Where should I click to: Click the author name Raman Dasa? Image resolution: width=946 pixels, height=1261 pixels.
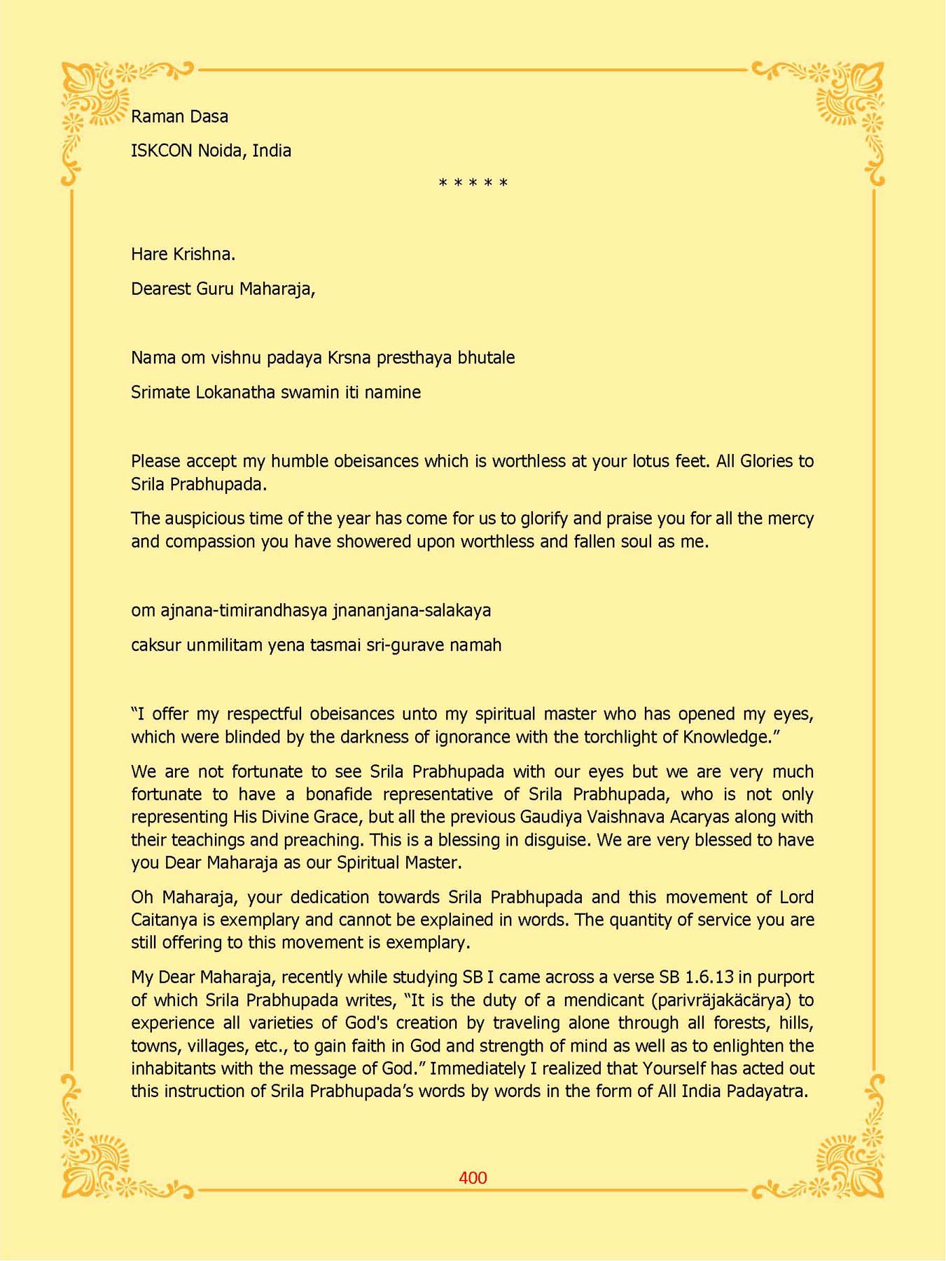[179, 116]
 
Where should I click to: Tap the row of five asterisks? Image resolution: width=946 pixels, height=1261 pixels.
[473, 184]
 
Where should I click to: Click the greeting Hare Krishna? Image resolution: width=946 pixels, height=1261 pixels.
[183, 254]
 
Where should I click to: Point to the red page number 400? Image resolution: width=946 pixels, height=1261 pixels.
[473, 1178]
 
